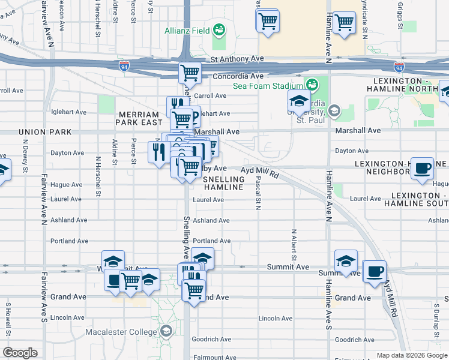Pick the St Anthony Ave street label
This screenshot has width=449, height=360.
tap(238, 58)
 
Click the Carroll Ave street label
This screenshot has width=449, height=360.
tap(209, 95)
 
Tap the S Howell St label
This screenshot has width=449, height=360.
tap(8, 314)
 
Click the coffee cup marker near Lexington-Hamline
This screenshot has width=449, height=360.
tap(423, 168)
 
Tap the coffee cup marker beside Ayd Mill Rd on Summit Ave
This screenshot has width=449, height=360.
tap(375, 271)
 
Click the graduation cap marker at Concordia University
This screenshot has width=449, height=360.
tap(299, 101)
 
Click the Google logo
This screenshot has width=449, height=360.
tap(20, 353)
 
